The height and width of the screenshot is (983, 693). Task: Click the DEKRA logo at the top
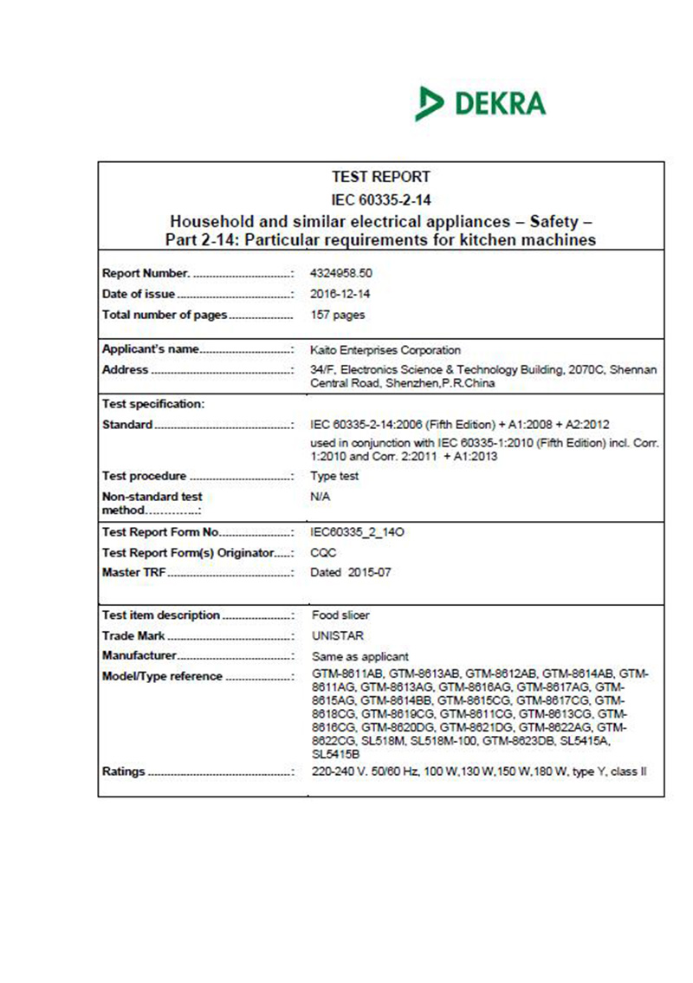click(x=481, y=103)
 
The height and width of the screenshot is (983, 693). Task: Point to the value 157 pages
click(x=338, y=315)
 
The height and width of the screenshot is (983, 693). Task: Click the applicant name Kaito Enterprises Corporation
click(x=385, y=350)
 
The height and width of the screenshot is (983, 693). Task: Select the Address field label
click(x=126, y=370)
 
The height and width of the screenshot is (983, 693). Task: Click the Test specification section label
click(x=153, y=404)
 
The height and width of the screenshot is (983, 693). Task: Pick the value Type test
click(x=334, y=476)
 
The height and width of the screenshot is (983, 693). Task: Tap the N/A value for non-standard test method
click(x=321, y=497)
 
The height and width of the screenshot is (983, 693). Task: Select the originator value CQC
click(x=322, y=552)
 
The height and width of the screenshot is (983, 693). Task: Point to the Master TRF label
click(x=134, y=573)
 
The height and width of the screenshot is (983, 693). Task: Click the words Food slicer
click(x=340, y=615)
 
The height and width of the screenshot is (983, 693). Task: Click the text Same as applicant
click(x=359, y=656)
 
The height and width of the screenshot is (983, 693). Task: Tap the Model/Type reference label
click(x=162, y=676)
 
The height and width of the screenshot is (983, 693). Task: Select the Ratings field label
click(x=124, y=770)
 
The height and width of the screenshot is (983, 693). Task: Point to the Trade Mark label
click(x=133, y=635)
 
